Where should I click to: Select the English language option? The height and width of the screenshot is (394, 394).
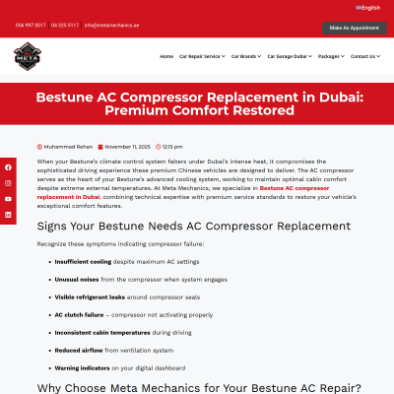click(370, 7)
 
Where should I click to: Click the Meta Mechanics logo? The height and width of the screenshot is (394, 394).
click(27, 61)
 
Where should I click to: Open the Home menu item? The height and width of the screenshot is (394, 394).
click(166, 56)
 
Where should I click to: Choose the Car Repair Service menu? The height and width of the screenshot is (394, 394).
click(201, 56)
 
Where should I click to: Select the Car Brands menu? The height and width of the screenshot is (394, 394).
click(246, 56)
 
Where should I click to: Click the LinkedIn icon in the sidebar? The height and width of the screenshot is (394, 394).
click(8, 214)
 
